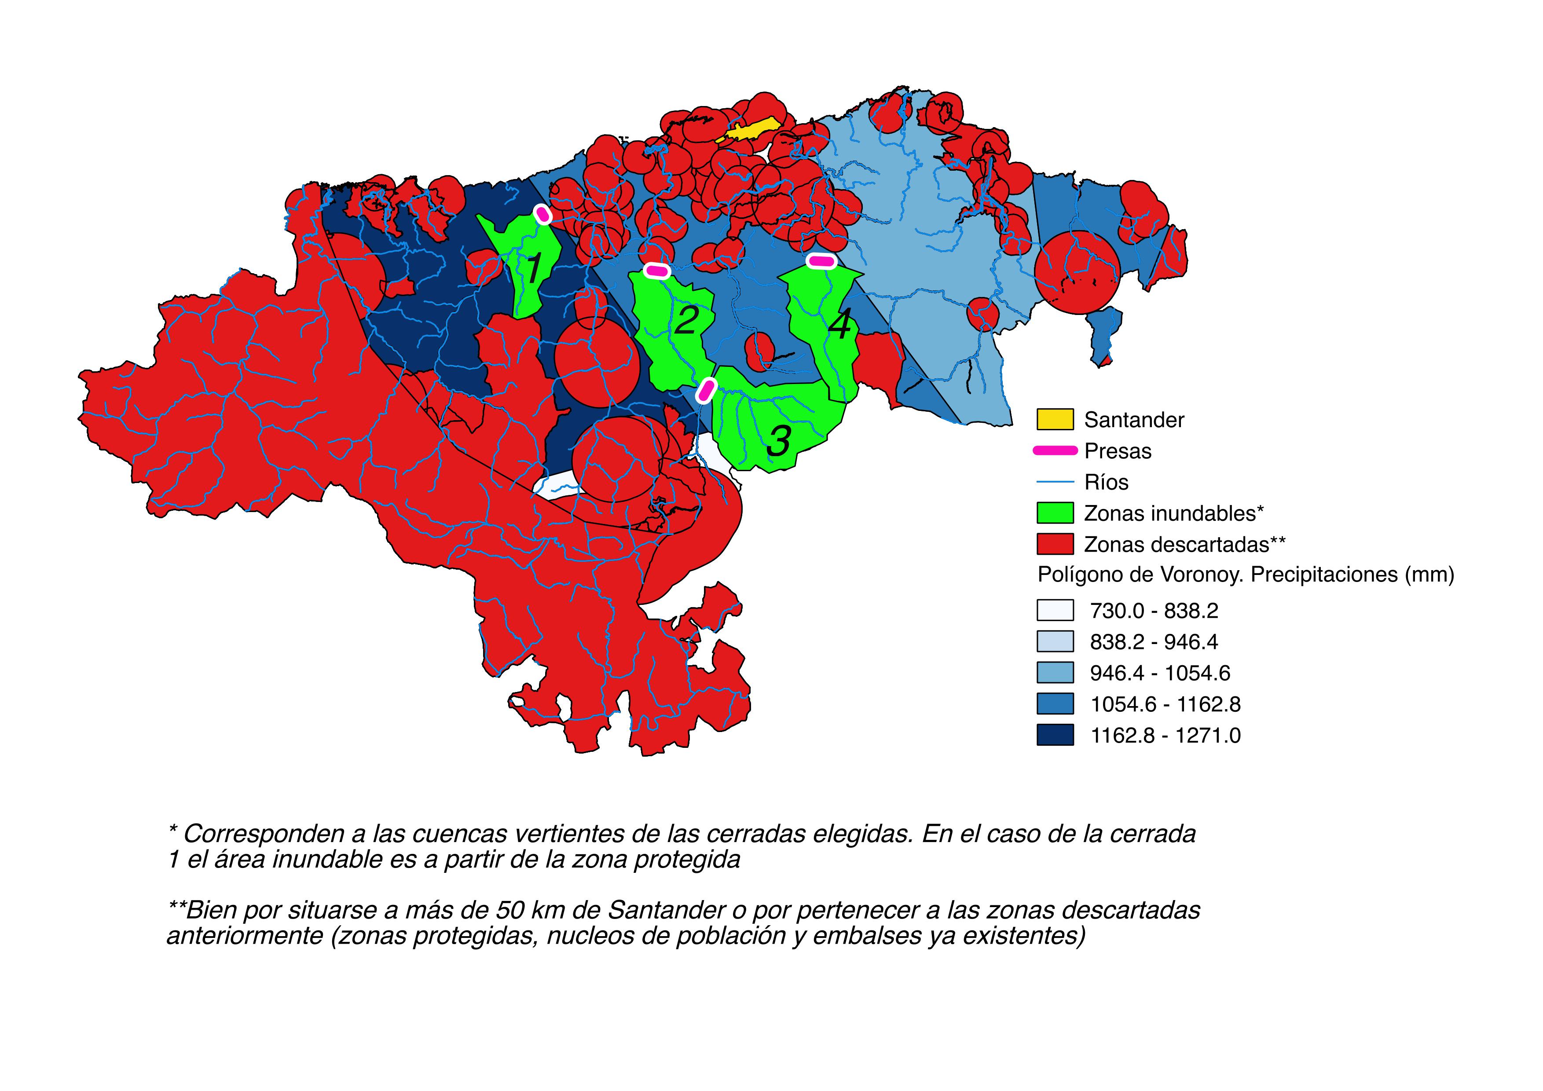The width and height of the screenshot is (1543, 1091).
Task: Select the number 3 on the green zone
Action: (778, 441)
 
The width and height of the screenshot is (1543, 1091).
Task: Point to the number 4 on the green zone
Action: (839, 326)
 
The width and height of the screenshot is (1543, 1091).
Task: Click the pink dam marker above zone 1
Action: (543, 214)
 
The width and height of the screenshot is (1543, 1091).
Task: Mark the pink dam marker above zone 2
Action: (656, 271)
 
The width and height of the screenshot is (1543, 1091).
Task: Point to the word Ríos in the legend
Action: (1106, 482)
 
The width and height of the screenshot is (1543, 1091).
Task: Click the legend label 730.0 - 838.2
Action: (1154, 611)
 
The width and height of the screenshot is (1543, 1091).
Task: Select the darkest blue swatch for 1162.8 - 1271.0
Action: (1055, 736)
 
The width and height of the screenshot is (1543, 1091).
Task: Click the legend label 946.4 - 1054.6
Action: (1160, 673)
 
